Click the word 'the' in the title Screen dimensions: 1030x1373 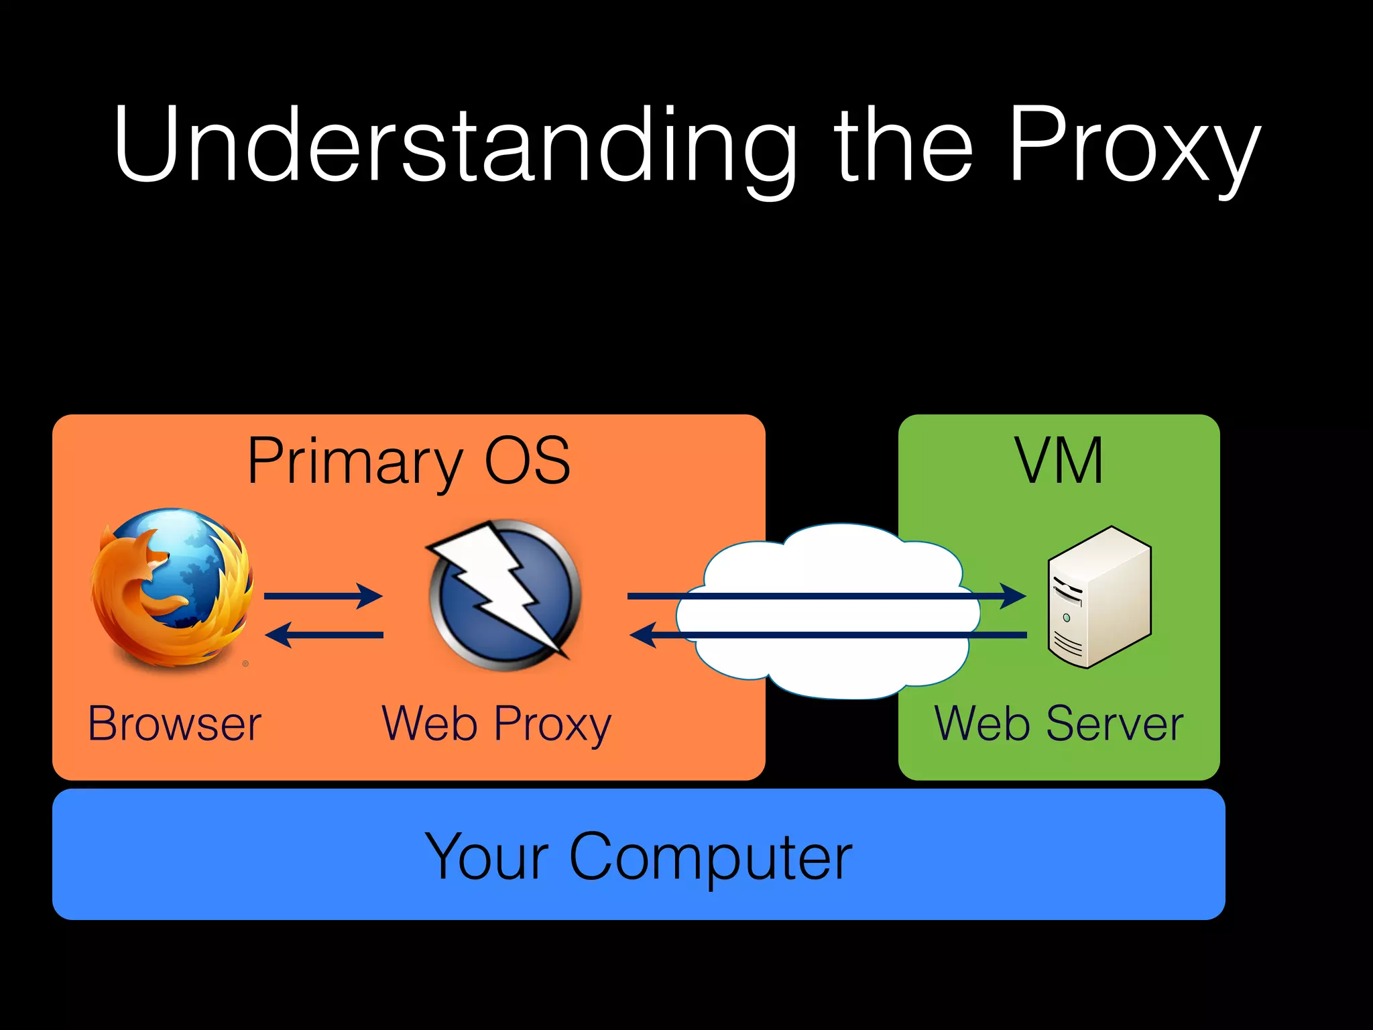coord(902,144)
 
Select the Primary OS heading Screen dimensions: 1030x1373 coord(408,461)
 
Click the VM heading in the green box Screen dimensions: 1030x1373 coord(1059,461)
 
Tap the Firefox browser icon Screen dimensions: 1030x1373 coord(172,589)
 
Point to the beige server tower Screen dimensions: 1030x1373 coord(1099,597)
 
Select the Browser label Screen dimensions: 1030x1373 coord(174,724)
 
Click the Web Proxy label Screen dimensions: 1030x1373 coord(496,724)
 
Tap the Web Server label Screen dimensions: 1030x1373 coord(1059,724)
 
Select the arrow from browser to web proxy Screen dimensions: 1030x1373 coord(323,595)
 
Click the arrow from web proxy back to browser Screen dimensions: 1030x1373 coord(324,634)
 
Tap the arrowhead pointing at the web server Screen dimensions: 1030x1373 coord(1013,595)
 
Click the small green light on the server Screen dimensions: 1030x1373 coord(1067,617)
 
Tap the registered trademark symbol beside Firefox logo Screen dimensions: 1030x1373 coord(245,664)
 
